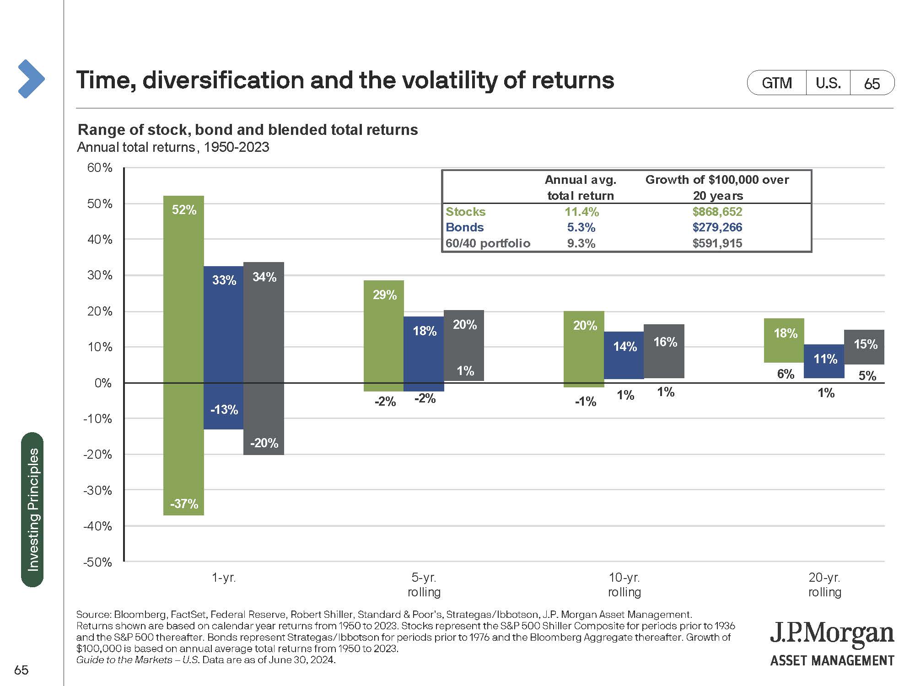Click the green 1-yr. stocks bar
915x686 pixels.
point(183,355)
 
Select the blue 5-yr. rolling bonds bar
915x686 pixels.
point(424,354)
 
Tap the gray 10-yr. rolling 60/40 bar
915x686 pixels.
point(664,351)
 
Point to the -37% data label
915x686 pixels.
point(184,504)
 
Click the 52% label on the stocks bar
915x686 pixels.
point(184,210)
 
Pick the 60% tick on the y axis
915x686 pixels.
point(100,167)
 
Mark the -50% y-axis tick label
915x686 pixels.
point(98,562)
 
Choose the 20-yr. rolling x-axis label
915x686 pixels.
point(824,584)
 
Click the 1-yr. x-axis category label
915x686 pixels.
point(224,578)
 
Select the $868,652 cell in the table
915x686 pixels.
point(717,212)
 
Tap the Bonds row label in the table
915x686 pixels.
point(464,227)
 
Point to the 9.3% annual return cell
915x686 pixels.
point(581,243)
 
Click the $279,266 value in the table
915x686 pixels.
point(717,227)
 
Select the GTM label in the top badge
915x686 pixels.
point(776,83)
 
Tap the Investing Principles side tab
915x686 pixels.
point(32,509)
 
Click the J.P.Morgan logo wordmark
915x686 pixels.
point(832,634)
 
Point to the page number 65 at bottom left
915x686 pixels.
point(22,670)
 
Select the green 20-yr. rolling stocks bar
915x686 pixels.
point(784,340)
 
